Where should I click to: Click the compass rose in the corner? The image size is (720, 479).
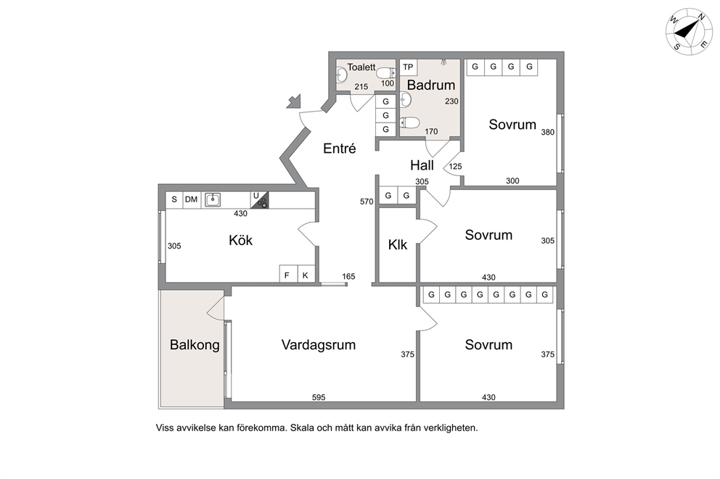point(689,31)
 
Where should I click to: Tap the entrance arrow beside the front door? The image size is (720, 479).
point(293,101)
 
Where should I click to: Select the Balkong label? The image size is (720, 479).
point(195,345)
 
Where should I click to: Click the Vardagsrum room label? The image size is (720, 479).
point(319,345)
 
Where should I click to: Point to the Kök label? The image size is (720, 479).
point(241,240)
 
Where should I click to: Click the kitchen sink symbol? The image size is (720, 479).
point(212,200)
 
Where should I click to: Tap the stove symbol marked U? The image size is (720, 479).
point(259,200)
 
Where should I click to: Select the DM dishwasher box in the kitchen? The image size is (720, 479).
point(192,199)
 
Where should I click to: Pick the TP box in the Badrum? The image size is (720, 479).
point(408,67)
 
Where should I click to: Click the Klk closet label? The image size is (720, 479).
point(398,245)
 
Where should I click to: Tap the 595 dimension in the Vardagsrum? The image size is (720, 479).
point(319,397)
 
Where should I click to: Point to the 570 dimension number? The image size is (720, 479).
point(367,201)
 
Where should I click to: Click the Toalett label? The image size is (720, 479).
point(361,67)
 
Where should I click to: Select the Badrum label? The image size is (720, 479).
point(431,85)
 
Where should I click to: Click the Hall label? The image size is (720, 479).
point(422,165)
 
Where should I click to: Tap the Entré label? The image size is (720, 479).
point(340,149)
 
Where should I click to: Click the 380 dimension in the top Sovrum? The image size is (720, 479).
point(548,132)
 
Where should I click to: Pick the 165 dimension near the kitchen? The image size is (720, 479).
point(348,276)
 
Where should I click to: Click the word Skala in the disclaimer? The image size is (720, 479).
point(302,428)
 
